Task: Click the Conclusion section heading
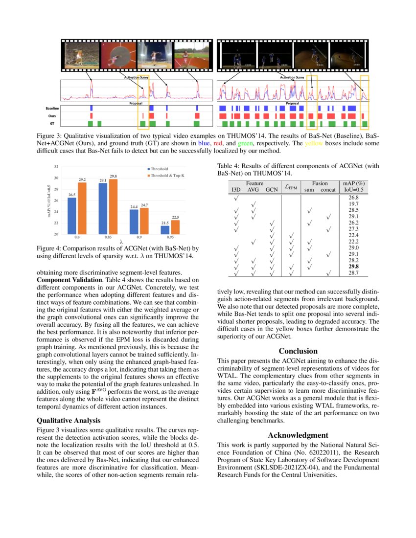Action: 298,351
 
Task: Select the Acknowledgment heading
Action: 298,435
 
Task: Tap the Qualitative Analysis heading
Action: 69,420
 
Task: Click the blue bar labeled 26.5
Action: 72,216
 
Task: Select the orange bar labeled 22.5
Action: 175,227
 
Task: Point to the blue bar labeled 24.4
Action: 134,222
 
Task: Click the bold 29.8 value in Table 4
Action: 353,267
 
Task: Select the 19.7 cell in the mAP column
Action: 353,203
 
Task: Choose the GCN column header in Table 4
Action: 271,189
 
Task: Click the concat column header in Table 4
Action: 327,189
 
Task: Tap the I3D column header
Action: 236,189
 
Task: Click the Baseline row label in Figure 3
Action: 52,108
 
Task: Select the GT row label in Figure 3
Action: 52,124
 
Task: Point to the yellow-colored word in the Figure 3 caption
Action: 314,144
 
